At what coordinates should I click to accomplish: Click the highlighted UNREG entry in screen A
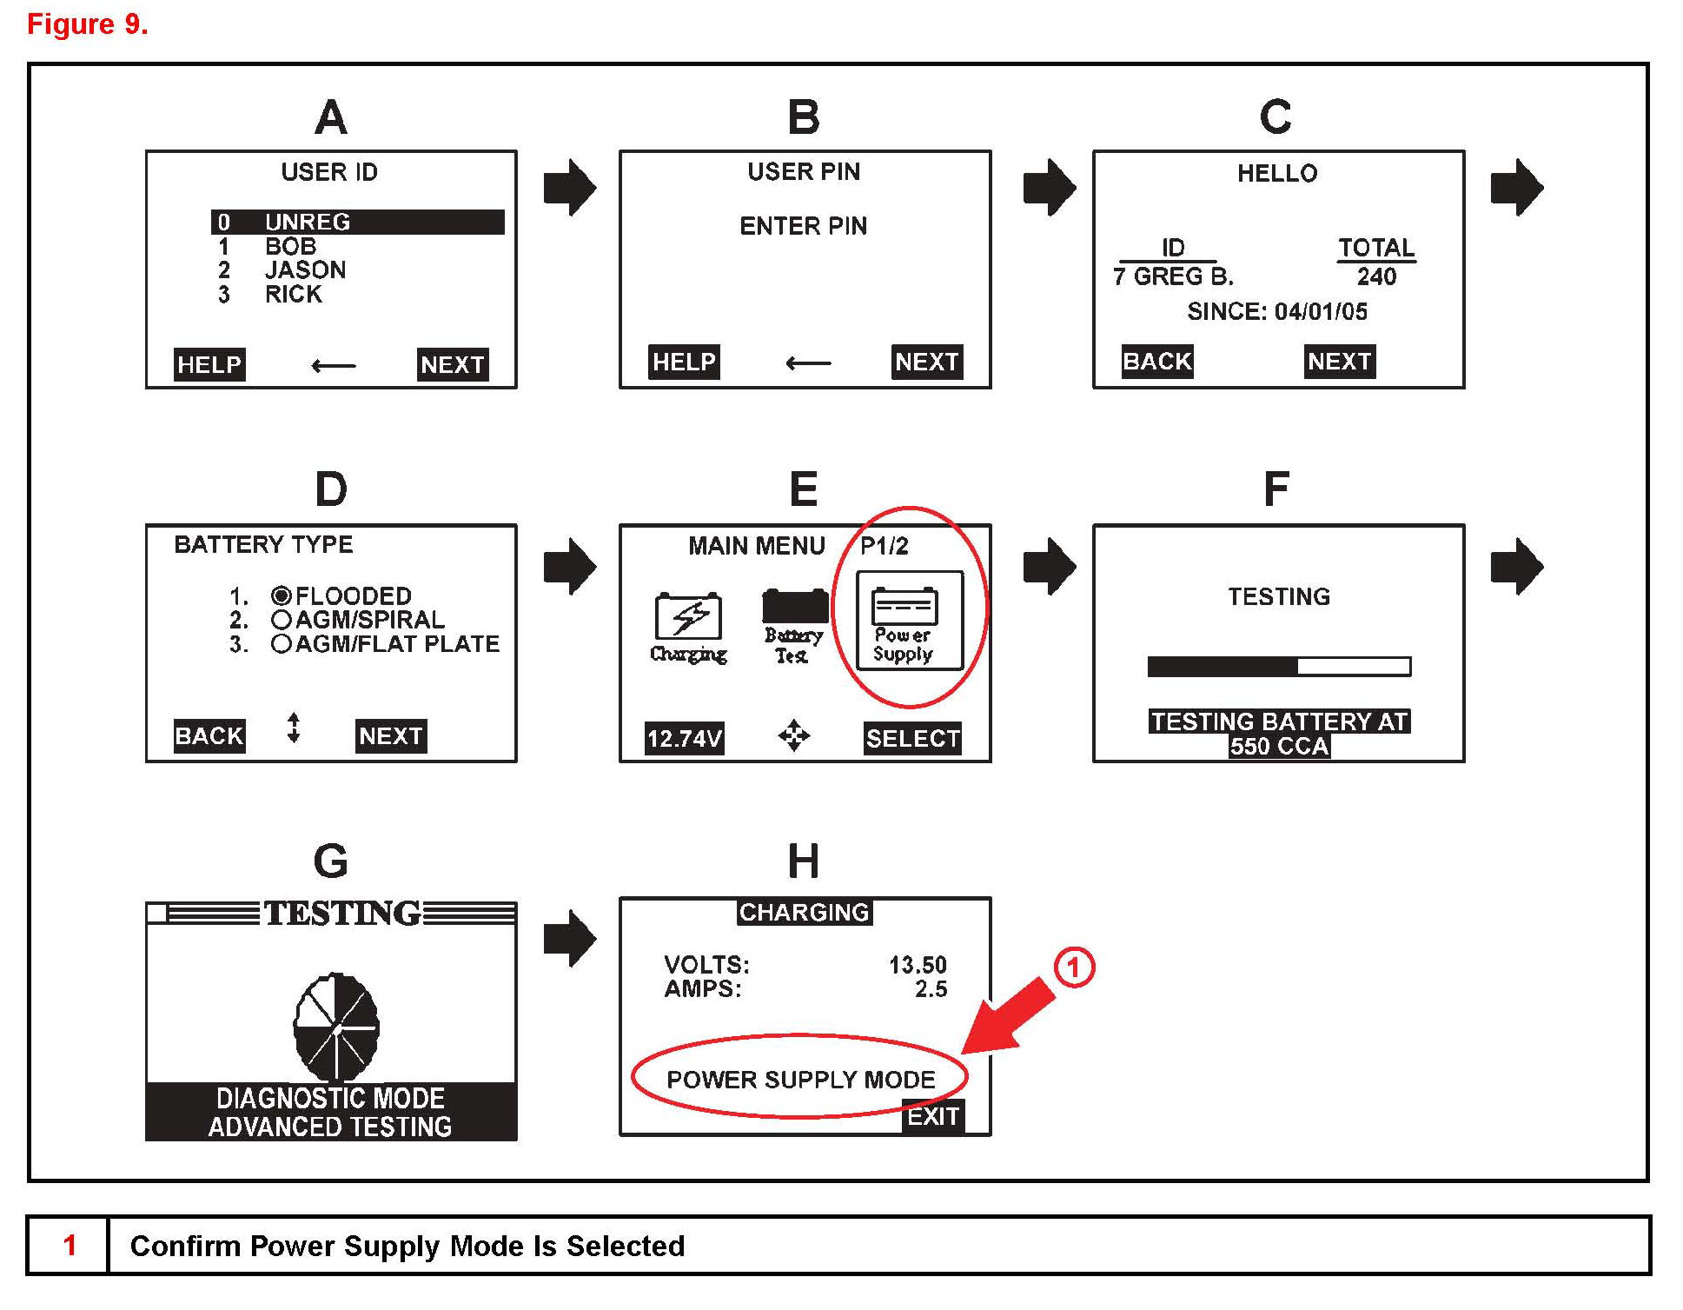point(356,223)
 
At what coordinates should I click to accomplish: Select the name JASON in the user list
point(305,270)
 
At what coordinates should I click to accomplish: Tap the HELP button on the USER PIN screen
point(684,362)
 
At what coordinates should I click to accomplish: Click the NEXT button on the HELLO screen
point(1339,362)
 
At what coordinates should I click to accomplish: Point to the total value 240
point(1376,277)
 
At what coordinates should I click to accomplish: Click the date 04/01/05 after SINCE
point(1321,312)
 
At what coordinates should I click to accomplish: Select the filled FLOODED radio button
point(281,595)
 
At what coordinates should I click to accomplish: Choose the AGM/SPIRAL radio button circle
point(281,620)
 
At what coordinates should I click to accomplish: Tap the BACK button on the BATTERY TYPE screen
point(209,736)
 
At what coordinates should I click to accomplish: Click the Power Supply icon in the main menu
point(909,619)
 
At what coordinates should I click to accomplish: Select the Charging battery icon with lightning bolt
point(688,618)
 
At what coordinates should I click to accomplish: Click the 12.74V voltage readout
point(684,739)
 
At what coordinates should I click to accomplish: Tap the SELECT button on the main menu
point(912,739)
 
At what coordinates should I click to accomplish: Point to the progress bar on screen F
point(1279,667)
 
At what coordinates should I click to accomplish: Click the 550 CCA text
point(1279,746)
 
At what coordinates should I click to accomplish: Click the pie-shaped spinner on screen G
point(336,1027)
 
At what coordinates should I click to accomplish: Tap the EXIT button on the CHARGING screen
point(933,1116)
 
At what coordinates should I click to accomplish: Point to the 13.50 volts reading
point(918,965)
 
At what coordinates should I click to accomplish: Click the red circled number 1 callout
point(1074,968)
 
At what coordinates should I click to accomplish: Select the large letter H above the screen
point(803,861)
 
